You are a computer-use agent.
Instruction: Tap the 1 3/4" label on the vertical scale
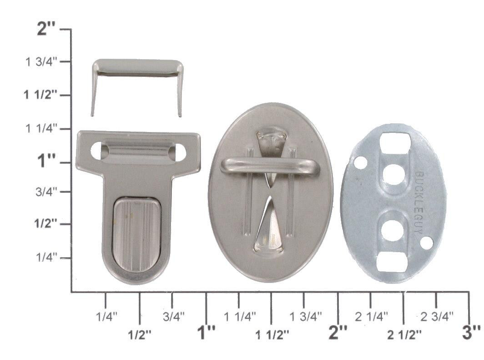41,61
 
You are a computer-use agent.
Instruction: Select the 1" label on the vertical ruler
47,161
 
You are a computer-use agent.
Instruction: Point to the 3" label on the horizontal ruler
471,333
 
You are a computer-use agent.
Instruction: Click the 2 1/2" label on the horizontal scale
404,335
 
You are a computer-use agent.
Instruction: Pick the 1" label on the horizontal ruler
206,333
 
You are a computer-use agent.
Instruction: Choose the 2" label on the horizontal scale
338,333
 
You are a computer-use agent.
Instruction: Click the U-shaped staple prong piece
137,68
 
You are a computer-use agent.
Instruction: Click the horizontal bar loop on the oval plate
270,165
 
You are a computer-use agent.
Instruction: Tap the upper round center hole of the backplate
393,174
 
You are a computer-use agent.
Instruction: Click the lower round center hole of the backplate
391,230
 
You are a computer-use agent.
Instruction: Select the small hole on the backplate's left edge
360,162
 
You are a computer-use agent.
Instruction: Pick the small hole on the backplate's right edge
426,243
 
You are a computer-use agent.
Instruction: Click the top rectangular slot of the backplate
395,142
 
